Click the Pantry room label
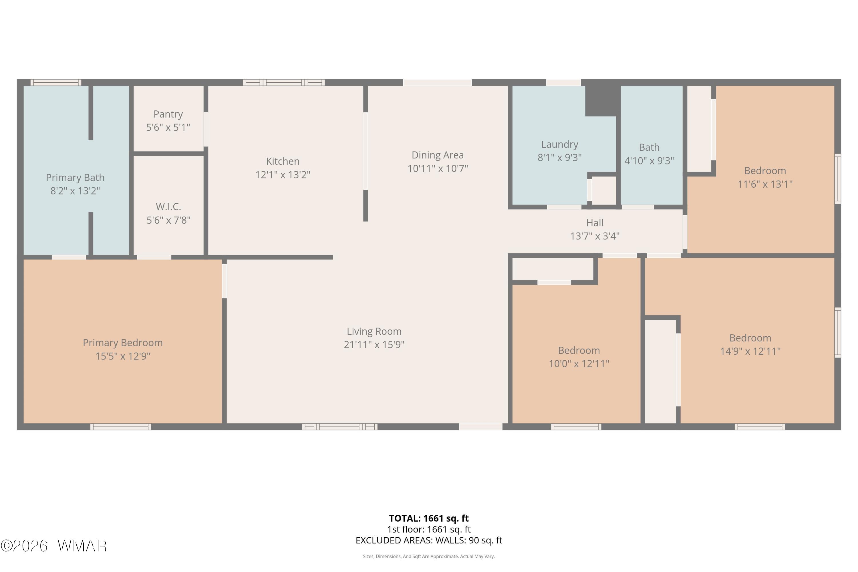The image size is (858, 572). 168,114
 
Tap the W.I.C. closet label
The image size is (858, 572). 168,207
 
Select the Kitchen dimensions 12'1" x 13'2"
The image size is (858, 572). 283,175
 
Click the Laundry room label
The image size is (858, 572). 560,145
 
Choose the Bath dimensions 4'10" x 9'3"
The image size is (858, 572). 649,161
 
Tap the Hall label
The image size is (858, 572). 595,223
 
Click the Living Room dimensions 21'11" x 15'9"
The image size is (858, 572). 374,345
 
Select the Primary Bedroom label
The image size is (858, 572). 123,343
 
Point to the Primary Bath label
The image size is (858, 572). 75,178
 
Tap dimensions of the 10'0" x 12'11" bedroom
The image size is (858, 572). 579,364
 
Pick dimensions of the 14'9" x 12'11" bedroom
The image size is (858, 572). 750,351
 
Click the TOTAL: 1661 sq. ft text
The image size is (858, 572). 429,518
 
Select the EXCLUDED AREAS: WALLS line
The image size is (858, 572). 429,540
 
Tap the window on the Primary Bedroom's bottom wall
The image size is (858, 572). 121,427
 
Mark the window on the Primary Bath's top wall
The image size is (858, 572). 56,82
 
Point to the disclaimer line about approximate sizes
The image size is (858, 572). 429,556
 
